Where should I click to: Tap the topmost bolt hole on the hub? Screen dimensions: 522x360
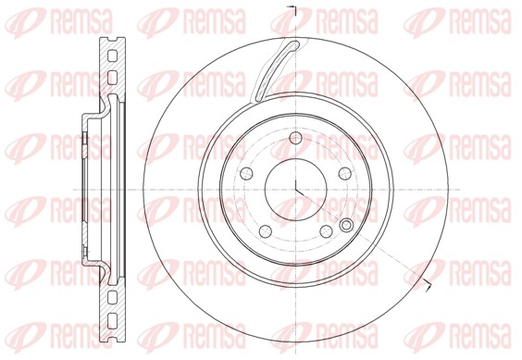tap(295, 137)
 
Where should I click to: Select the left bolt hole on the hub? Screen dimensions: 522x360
tap(246, 173)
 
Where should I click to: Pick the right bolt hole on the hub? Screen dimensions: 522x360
tap(345, 173)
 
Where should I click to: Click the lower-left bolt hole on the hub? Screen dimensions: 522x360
tap(266, 230)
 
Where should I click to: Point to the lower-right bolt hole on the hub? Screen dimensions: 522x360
tap(326, 230)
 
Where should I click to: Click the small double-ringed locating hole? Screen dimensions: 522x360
tap(346, 225)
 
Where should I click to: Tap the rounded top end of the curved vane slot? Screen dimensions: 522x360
tap(294, 44)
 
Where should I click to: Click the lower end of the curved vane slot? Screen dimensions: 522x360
tap(257, 97)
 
